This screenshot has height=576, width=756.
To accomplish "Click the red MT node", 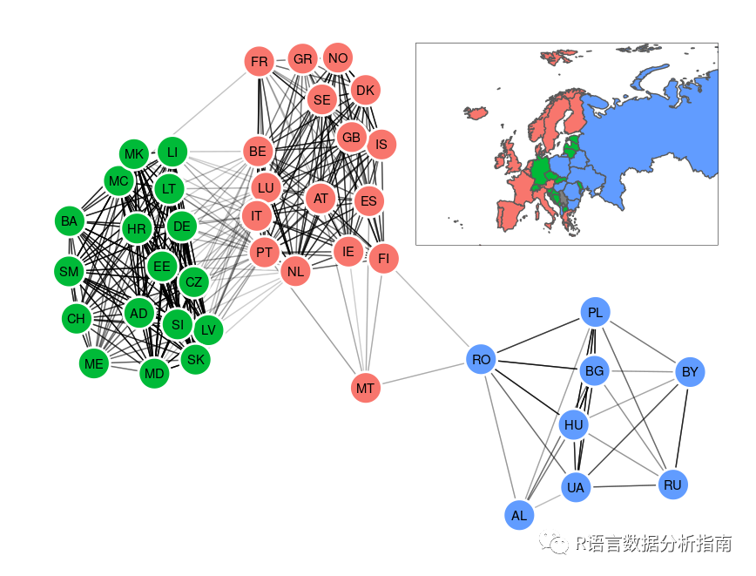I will point(366,387).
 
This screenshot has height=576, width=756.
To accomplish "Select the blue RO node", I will point(481,359).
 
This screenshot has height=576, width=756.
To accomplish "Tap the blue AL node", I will point(519,515).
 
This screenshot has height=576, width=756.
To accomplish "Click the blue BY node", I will point(690,372).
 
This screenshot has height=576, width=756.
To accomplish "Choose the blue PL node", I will point(595,312).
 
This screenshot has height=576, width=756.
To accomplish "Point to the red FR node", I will point(260,62).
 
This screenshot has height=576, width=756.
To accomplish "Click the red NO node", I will point(338,58).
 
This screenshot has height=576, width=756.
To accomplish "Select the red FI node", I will point(383,259).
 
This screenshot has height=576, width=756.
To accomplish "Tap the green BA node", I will point(69,221).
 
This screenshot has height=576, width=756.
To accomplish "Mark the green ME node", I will point(93,363).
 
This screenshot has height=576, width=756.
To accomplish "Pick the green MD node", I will point(154,374).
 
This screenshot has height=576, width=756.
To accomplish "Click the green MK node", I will point(133,155).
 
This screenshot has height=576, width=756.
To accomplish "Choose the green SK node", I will point(196,358).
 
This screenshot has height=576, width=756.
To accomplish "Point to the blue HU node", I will point(573,425).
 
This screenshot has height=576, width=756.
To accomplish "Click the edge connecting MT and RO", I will point(423,373).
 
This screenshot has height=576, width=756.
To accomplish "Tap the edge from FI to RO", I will point(432,309).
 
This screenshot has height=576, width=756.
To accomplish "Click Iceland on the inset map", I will point(476,112).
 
